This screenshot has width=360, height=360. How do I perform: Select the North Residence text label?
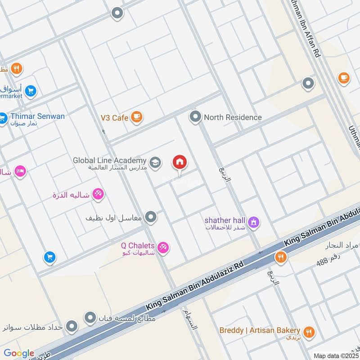pyautogui.click(x=233, y=117)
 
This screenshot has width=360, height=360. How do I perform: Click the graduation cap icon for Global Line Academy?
pyautogui.click(x=155, y=162)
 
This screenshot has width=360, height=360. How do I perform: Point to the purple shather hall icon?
pyautogui.click(x=254, y=222)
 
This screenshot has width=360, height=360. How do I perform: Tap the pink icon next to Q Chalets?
pyautogui.click(x=164, y=247)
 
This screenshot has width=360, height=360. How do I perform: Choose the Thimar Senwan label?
pyautogui.click(x=37, y=117)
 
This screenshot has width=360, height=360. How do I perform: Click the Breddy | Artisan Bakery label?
pyautogui.click(x=260, y=330)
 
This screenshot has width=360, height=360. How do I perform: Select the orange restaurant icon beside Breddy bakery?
pyautogui.click(x=309, y=333)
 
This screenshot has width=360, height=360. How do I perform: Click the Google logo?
pyautogui.click(x=19, y=353)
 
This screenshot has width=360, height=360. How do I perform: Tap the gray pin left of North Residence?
pyautogui.click(x=195, y=117)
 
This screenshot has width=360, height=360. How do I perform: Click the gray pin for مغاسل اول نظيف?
pyautogui.click(x=152, y=217)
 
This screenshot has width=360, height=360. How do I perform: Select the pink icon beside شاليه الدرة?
pyautogui.click(x=98, y=194)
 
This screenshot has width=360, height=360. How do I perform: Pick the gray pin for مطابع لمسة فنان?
pyautogui.click(x=90, y=318)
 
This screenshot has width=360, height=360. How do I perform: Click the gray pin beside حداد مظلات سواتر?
pyautogui.click(x=72, y=326)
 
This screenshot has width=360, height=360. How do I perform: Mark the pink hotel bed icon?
pyautogui.click(x=20, y=171)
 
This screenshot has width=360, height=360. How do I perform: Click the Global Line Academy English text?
pyautogui.click(x=110, y=160)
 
